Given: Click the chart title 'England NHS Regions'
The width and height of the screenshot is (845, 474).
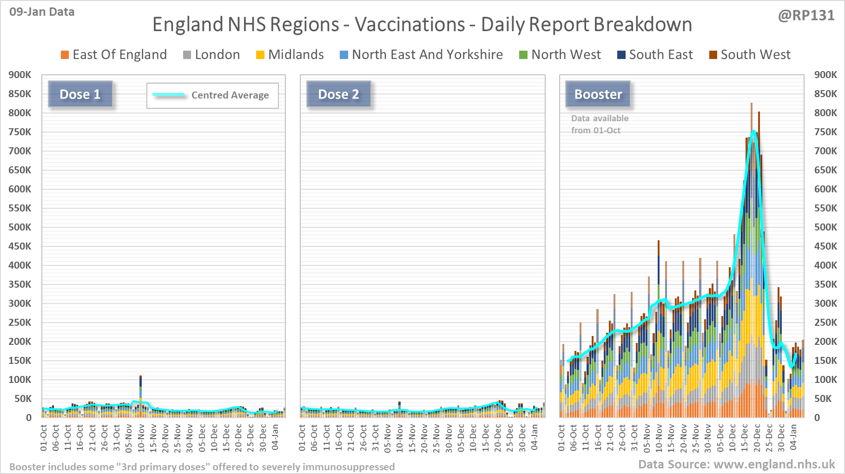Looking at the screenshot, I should pos(422,25).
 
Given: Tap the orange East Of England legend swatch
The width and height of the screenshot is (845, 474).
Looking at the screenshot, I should pos(65,55).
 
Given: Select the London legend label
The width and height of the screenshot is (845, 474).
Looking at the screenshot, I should pos(217,55).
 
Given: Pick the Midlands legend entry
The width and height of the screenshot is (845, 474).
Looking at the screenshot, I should pos(296,55).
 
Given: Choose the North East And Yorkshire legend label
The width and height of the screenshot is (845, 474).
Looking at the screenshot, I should pos(427,55).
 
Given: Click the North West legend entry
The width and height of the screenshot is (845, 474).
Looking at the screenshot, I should pos(566,55).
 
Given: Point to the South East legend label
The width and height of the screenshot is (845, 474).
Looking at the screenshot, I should pos(660,55).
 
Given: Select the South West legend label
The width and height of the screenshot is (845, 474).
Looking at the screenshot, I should pos(755,55).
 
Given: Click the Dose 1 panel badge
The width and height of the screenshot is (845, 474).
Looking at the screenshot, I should pos(80,94).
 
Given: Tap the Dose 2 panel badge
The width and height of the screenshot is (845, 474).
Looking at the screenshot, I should pos(338,94).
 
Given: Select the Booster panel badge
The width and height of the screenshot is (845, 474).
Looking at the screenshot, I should pos(598,94).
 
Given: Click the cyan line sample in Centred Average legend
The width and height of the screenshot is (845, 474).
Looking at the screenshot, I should pos(169,95).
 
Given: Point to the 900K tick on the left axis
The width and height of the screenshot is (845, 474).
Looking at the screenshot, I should pos(20,75).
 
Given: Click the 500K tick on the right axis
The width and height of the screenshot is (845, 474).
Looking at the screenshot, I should pos(825,227).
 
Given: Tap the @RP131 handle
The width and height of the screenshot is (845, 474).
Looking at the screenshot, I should pos(806,16).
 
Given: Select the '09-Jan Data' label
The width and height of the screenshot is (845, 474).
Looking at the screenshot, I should pos(42,12).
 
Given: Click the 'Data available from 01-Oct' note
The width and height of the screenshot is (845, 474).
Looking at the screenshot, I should pos(600,125).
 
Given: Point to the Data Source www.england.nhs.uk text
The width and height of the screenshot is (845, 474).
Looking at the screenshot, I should pos(736,464).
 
